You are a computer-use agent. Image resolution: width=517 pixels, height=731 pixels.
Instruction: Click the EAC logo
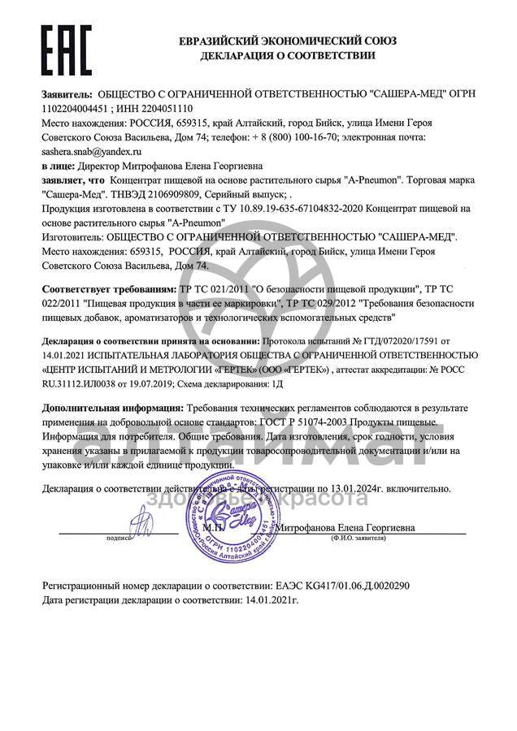point(67,50)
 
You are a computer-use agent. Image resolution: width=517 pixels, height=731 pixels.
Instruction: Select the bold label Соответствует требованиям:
point(108,289)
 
